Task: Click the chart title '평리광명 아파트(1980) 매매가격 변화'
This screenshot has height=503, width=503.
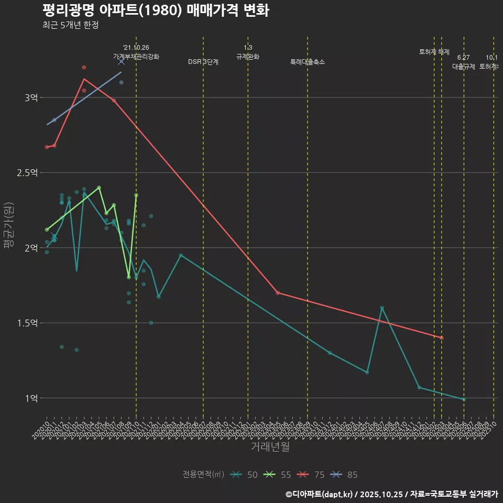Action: (x=156, y=10)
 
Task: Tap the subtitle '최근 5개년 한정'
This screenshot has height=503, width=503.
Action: (x=70, y=25)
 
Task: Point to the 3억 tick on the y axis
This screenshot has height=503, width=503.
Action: (x=31, y=98)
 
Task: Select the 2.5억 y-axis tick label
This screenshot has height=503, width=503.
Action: (x=27, y=173)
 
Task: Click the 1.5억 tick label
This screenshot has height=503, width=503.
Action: (x=27, y=323)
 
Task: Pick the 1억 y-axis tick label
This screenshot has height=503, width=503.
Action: (x=31, y=398)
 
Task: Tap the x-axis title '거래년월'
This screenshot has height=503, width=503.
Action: (x=270, y=447)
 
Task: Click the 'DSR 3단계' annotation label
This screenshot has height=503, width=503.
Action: (x=203, y=62)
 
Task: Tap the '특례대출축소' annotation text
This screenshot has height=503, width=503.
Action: (x=308, y=62)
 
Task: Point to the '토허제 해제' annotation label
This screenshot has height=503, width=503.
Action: (x=434, y=52)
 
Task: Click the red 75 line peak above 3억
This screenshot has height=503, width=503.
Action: (x=84, y=79)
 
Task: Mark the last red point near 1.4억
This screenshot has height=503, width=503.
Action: (x=442, y=338)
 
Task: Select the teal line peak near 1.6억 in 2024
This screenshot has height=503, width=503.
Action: (x=382, y=308)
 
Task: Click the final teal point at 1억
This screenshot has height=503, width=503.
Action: (x=464, y=399)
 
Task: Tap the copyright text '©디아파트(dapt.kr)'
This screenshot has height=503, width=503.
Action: (x=320, y=494)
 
